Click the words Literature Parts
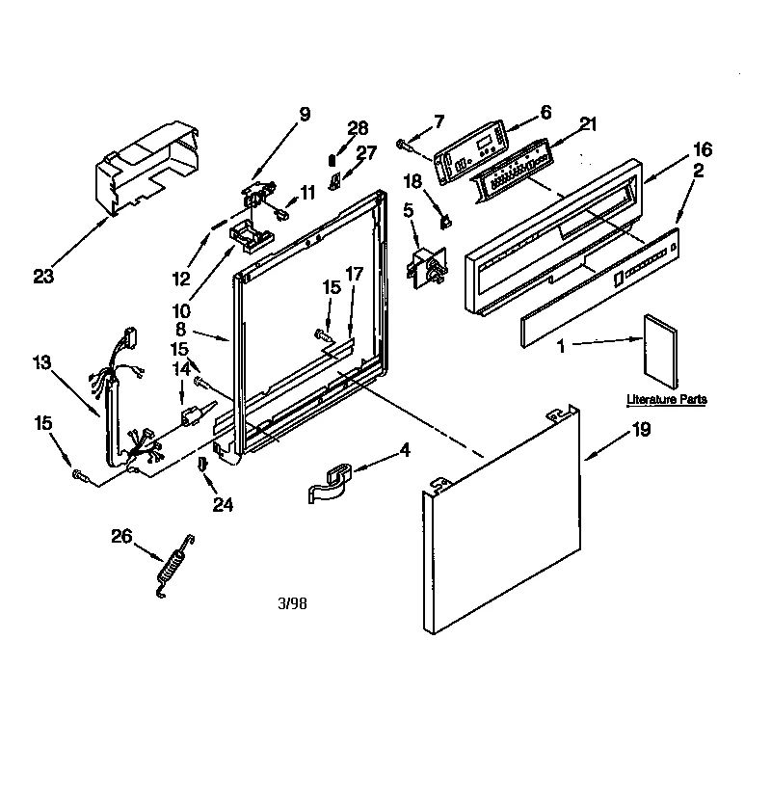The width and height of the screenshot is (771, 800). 666,398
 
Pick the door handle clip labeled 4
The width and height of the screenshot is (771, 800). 332,479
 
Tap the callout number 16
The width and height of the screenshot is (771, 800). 702,148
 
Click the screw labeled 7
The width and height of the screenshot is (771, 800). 402,145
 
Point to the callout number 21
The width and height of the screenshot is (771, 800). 588,122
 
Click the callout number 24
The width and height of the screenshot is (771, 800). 224,502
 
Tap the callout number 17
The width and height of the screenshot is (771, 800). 353,274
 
